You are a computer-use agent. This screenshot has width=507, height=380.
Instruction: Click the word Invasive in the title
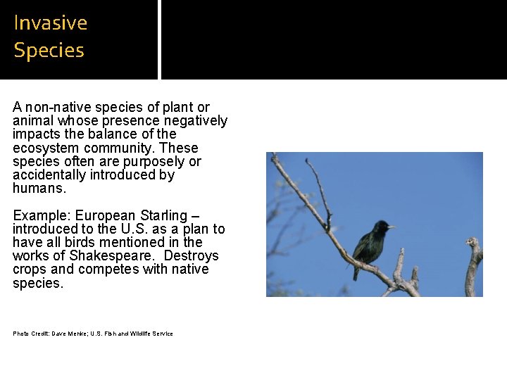coord(51,23)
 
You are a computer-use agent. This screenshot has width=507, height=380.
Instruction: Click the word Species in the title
coord(49,51)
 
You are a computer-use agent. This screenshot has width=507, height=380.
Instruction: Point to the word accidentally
coord(49,175)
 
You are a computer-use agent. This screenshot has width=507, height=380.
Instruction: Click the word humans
coord(39,189)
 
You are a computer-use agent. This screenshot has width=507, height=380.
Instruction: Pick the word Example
coord(41,215)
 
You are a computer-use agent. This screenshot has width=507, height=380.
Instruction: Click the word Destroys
coord(191,256)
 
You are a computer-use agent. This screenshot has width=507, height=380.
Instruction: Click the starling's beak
coord(391,227)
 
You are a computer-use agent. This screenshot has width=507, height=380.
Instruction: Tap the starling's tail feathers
coord(356,273)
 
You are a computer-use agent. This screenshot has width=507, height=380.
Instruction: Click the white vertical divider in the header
coord(159,39)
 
